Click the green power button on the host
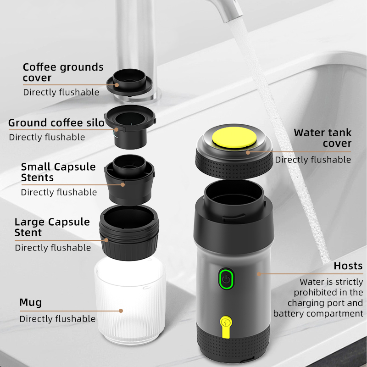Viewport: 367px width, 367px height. pos(225,279)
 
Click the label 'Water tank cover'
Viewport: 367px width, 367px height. pos(323,138)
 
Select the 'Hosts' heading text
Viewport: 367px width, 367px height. pos(348,266)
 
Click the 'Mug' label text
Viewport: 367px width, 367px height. pos(31,302)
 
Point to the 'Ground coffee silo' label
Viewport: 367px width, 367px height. pos(56,123)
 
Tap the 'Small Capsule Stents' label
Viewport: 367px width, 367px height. pos(58,172)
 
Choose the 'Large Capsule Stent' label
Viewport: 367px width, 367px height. pos(52,227)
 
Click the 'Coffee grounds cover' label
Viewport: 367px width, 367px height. pos(63,72)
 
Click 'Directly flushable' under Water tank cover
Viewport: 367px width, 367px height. pos(313,160)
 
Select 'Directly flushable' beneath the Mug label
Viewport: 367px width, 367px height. pos(57,319)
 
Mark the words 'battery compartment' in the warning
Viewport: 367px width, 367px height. pos(318,314)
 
